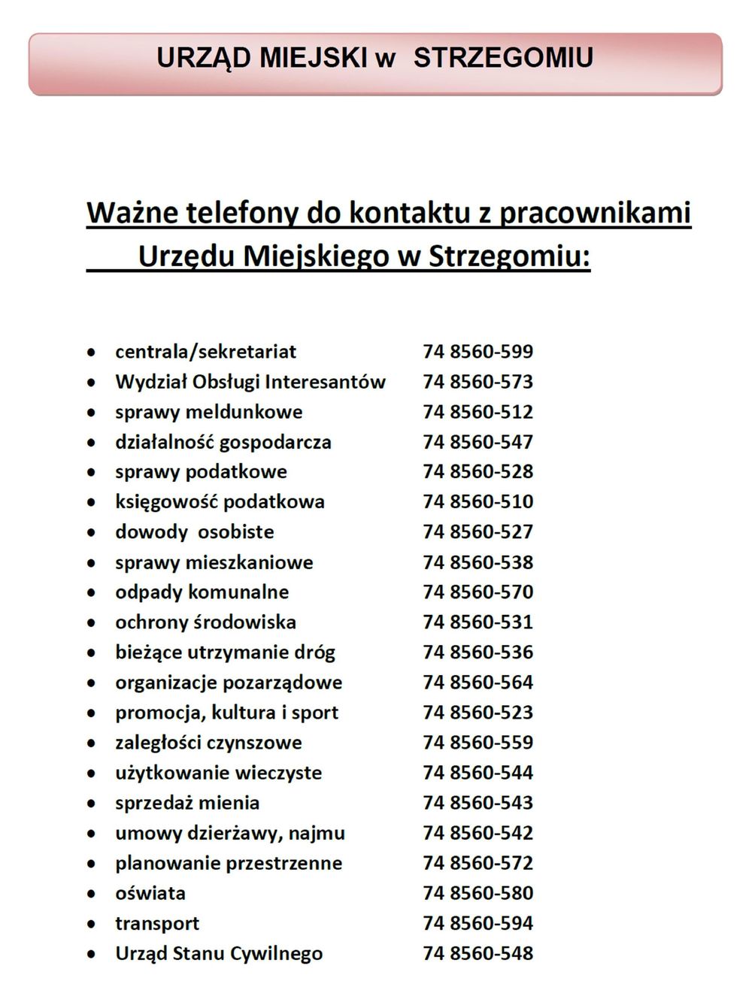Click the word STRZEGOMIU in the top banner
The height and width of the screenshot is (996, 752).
coord(503,58)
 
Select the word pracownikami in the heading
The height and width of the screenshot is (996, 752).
coord(595,213)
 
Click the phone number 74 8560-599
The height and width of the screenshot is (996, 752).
coord(478,352)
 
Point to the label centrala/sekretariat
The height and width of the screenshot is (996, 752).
coord(205,352)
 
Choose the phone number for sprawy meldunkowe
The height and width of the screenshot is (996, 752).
coord(478,412)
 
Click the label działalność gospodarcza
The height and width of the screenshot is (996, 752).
coord(223,442)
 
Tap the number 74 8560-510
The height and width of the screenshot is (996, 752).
coord(478,502)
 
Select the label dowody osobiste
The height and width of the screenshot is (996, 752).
coord(194,532)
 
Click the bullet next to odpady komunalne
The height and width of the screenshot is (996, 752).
coord(91,593)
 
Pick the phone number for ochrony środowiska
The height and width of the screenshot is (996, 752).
coord(478,622)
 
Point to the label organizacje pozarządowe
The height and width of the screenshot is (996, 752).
coord(228,683)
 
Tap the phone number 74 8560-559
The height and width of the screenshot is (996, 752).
coord(478,743)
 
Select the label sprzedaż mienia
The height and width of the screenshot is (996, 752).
coord(186,803)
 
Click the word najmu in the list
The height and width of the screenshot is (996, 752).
coord(321,834)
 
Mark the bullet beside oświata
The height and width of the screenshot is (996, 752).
coord(91,895)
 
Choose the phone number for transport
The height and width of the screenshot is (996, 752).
coord(478,923)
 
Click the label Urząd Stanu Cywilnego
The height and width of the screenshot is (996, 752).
coord(218,954)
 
